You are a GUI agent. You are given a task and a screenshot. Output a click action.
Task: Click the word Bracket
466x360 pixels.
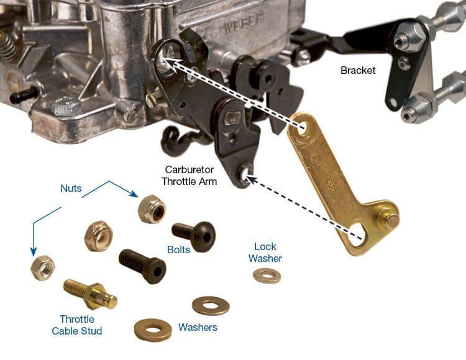pyautogui.click(x=358, y=70)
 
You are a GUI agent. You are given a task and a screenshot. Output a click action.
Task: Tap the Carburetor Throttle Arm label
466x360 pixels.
pyautogui.click(x=190, y=176)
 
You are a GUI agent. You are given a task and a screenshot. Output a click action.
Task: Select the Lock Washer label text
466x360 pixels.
pyautogui.click(x=265, y=252)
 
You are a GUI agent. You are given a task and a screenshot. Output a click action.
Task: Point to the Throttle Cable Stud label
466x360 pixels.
pyautogui.click(x=77, y=325)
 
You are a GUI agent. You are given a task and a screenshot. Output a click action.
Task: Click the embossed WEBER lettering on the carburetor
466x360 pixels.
pyautogui.click(x=244, y=22)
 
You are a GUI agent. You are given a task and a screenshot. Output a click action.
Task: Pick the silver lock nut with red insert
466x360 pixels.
pyautogui.click(x=152, y=209)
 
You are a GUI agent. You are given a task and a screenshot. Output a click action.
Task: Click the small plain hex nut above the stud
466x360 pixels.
pyautogui.click(x=43, y=268)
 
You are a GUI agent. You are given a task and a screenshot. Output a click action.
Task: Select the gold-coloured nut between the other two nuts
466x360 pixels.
pyautogui.click(x=99, y=236)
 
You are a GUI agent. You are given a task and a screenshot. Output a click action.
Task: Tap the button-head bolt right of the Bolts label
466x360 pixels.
pyautogui.click(x=194, y=236)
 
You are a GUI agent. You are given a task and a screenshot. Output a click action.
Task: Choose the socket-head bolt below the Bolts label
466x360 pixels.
pyautogui.click(x=143, y=266)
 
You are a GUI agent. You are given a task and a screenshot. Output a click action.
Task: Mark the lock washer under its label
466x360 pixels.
pyautogui.click(x=267, y=276)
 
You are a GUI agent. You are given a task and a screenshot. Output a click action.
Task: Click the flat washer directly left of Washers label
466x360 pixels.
pyautogui.click(x=153, y=330)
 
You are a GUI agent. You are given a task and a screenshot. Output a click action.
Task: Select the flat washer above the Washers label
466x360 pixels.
pyautogui.click(x=211, y=305)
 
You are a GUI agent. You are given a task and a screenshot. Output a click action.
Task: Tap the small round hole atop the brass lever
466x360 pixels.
pyautogui.click(x=302, y=128)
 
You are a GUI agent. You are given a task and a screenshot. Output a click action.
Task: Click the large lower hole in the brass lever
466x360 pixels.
pyautogui.click(x=357, y=235)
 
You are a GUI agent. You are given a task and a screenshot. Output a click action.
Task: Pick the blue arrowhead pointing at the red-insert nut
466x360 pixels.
pyautogui.click(x=135, y=194)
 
